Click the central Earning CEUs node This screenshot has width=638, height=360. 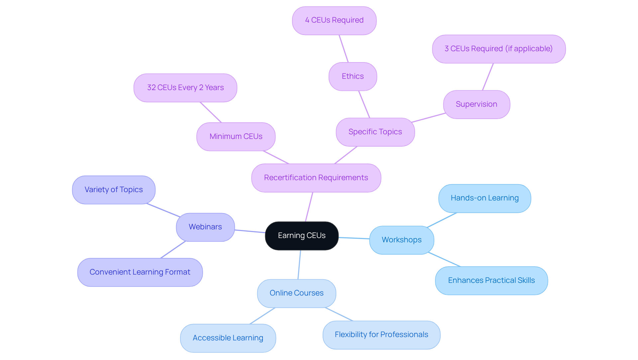(x=302, y=236)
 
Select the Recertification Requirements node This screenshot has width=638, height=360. (x=316, y=178)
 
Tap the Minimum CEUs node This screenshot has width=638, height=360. (x=236, y=137)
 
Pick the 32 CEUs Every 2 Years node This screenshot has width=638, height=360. (x=185, y=88)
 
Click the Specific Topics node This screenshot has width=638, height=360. (x=375, y=132)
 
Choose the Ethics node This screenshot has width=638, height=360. (x=353, y=76)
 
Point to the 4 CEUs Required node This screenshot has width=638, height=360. (x=334, y=21)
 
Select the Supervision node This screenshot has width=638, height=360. (x=477, y=104)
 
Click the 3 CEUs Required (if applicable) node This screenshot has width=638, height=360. (x=499, y=49)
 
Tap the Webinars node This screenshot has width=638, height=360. (x=205, y=227)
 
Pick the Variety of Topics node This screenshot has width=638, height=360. (x=114, y=190)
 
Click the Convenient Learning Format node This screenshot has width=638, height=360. (x=140, y=272)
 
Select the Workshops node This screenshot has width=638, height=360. (x=401, y=240)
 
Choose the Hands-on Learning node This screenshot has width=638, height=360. (x=484, y=198)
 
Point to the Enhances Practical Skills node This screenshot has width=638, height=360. (x=491, y=281)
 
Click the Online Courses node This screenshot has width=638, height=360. (x=296, y=293)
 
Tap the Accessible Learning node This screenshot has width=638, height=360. (x=228, y=338)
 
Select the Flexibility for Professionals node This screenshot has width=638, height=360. (x=381, y=335)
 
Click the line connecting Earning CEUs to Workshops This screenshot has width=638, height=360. (x=354, y=238)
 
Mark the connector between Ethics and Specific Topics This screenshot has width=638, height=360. (x=364, y=104)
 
